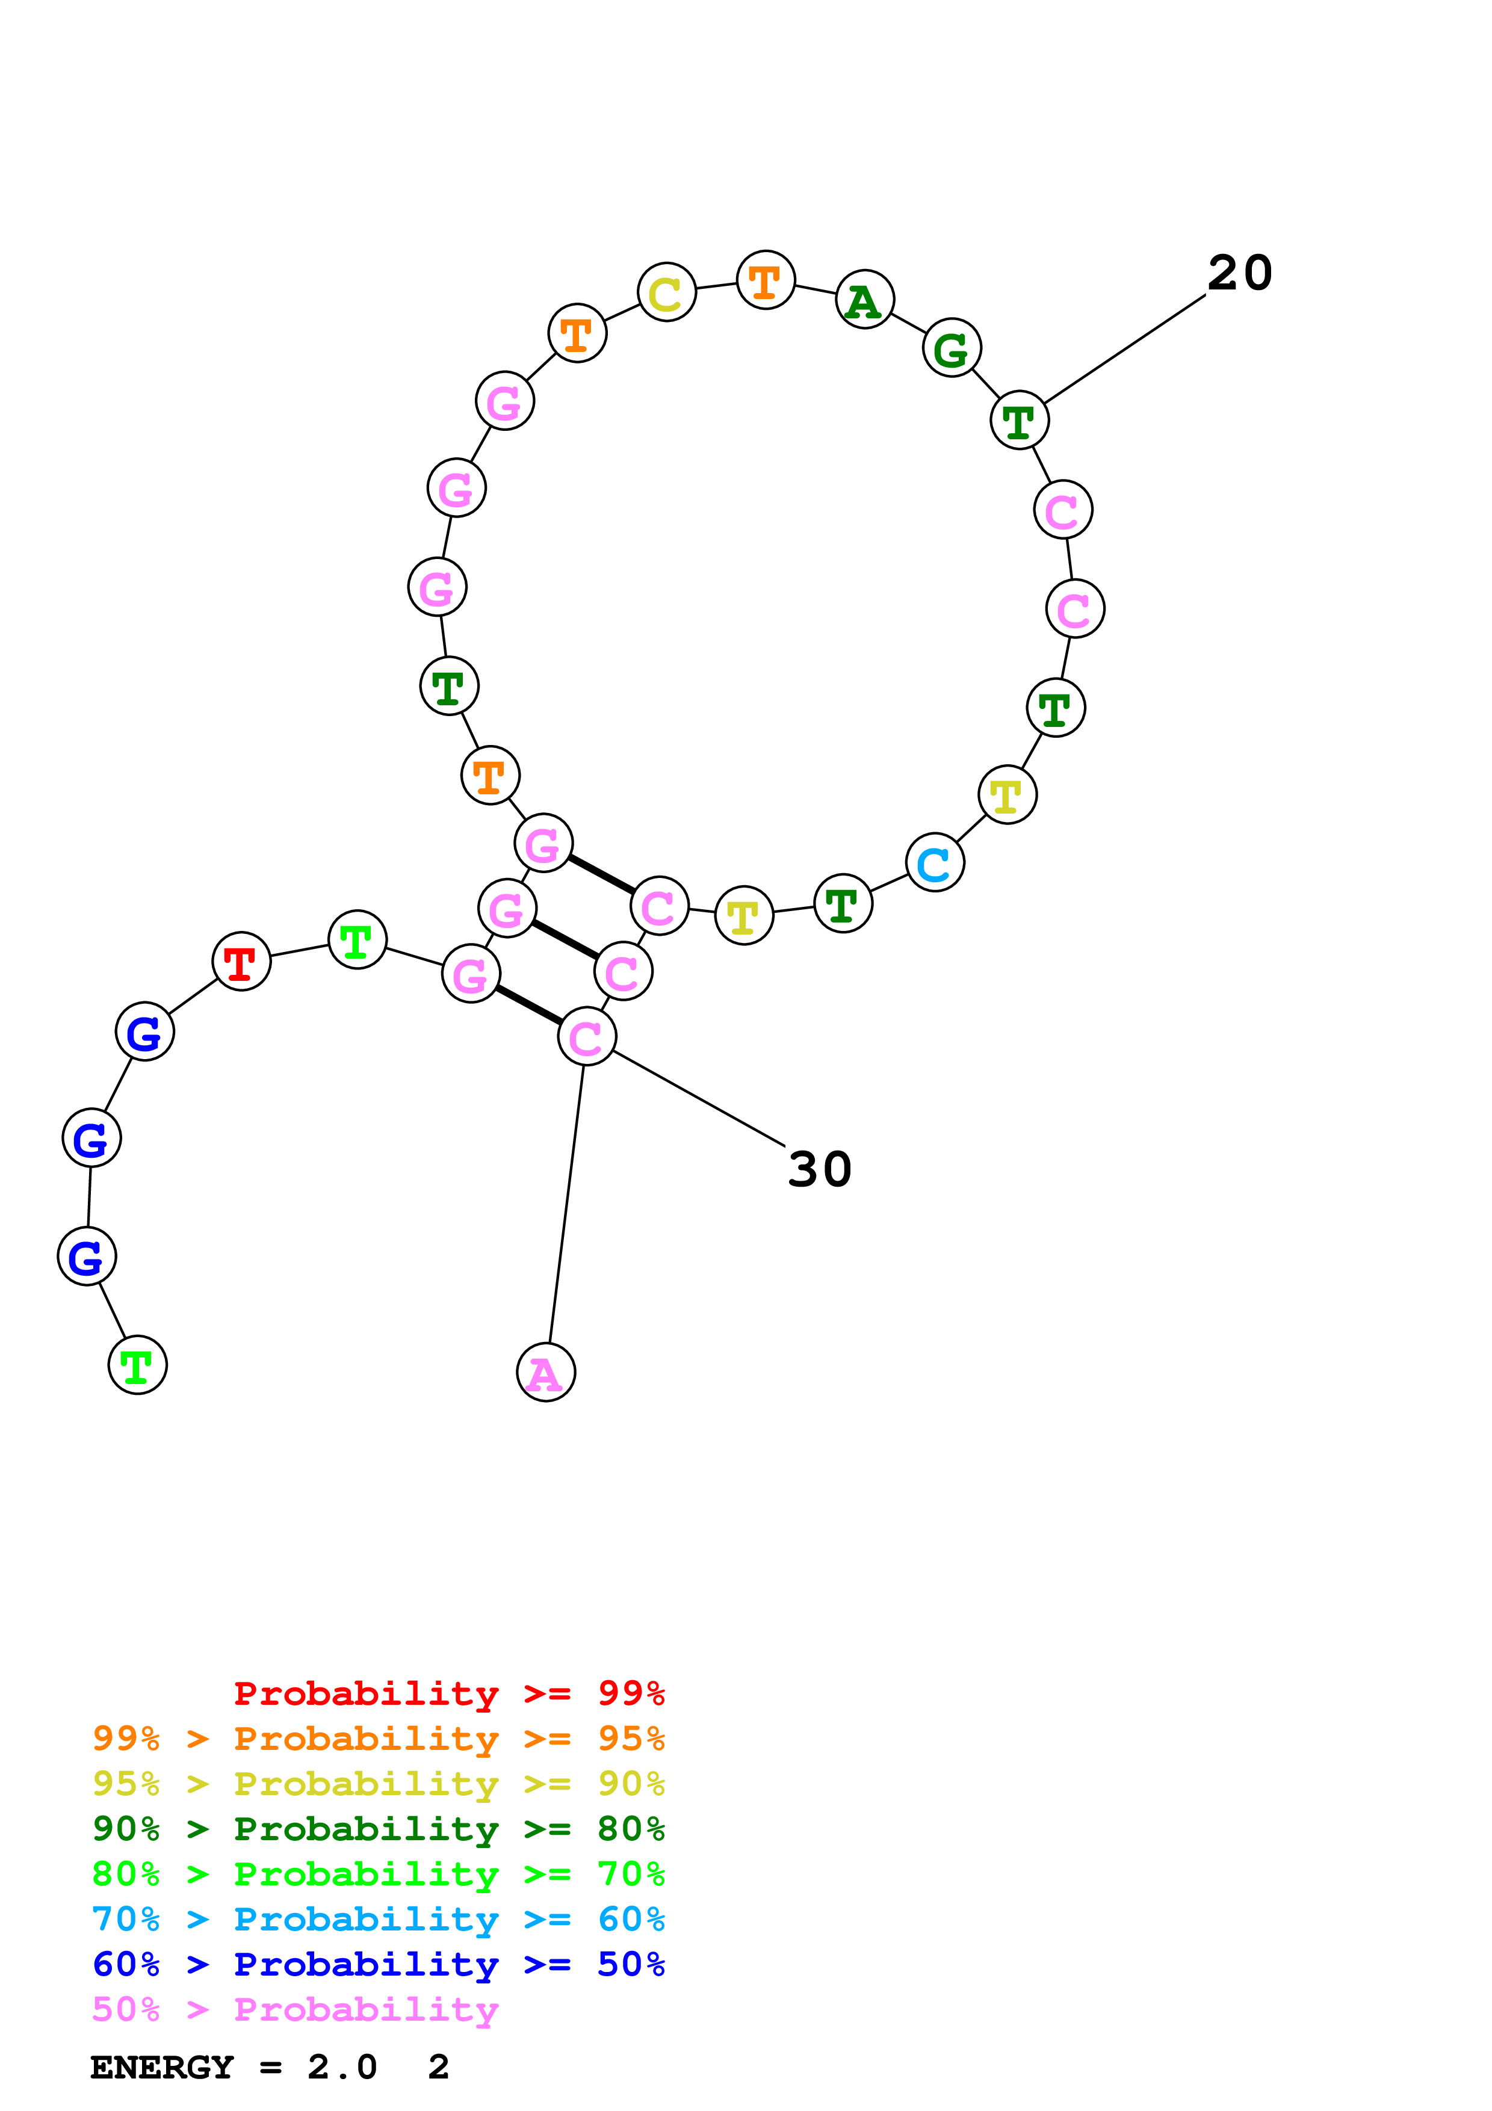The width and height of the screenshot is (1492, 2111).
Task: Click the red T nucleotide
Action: pos(241,962)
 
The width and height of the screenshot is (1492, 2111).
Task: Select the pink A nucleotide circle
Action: pos(545,1373)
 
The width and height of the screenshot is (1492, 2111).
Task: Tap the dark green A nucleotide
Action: pos(864,300)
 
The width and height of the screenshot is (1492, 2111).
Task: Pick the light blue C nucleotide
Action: pos(934,862)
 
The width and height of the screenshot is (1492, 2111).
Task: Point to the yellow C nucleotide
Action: pos(666,292)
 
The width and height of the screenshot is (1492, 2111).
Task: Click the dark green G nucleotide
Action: pos(952,348)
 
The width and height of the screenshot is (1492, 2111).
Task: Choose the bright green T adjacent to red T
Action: pos(357,939)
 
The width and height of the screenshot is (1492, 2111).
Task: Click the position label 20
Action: pos(1239,273)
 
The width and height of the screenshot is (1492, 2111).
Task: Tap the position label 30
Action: pos(819,1169)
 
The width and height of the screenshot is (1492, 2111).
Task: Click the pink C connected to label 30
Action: pos(586,1037)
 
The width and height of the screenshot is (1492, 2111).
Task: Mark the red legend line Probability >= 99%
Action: pos(448,1693)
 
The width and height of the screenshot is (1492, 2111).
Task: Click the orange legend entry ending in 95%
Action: pos(378,1739)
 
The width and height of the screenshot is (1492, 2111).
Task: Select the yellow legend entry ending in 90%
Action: pos(378,1784)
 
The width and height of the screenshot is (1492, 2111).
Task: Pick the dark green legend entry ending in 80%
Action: pos(378,1829)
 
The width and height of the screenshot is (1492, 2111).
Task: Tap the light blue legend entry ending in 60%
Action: pos(378,1919)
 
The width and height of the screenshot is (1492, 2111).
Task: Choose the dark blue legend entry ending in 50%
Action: pos(378,1964)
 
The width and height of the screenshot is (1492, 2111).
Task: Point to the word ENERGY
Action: pos(162,2067)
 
